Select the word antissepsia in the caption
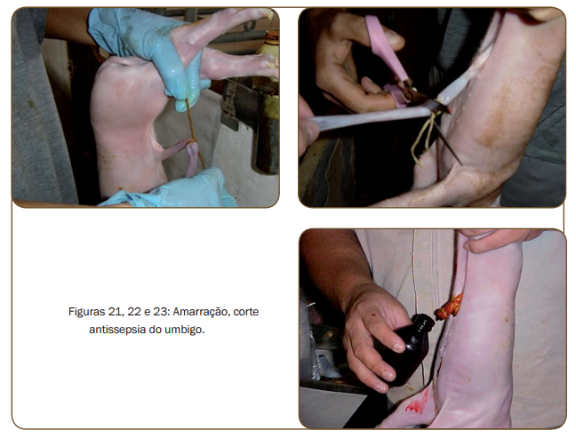pos(117,330)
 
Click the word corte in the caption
pos(246,312)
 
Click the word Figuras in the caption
pos(86,312)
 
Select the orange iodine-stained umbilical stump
pos(449,307)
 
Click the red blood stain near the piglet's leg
pos(417,403)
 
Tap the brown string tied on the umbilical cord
pos(193,133)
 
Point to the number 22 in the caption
pos(134,312)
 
